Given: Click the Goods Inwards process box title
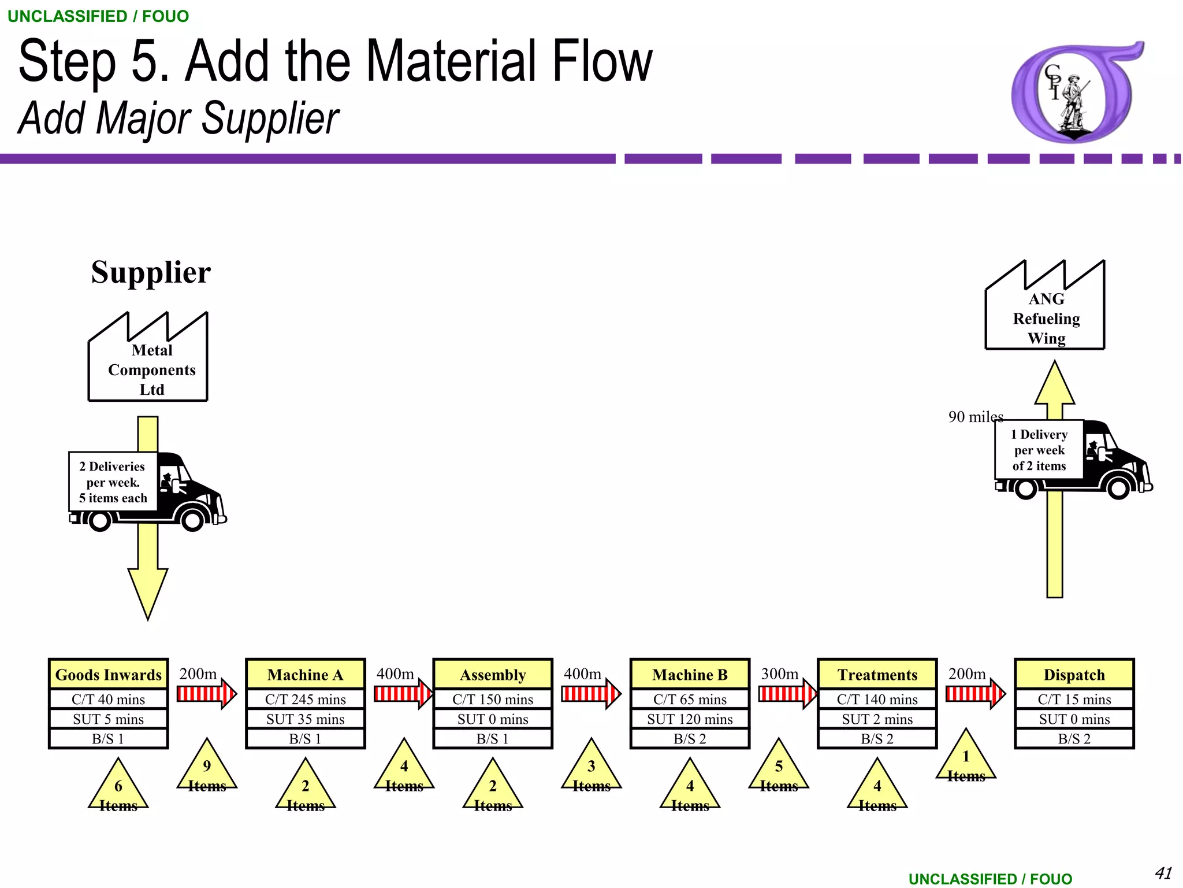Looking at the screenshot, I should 108,675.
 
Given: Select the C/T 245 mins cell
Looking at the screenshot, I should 305,700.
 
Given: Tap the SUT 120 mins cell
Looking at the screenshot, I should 690,719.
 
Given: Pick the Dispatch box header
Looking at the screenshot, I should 1074,675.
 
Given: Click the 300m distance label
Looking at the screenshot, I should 779,674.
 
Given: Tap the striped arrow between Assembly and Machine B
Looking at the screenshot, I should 591,693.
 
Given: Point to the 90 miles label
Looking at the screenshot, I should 975,417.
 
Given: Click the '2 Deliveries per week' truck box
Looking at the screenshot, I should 113,482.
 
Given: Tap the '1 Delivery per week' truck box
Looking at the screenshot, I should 1039,450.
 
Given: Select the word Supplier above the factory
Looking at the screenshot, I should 151,272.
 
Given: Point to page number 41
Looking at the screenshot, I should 1163,872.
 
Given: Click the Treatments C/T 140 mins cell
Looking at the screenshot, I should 877,700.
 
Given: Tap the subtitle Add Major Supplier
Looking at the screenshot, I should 178,118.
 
